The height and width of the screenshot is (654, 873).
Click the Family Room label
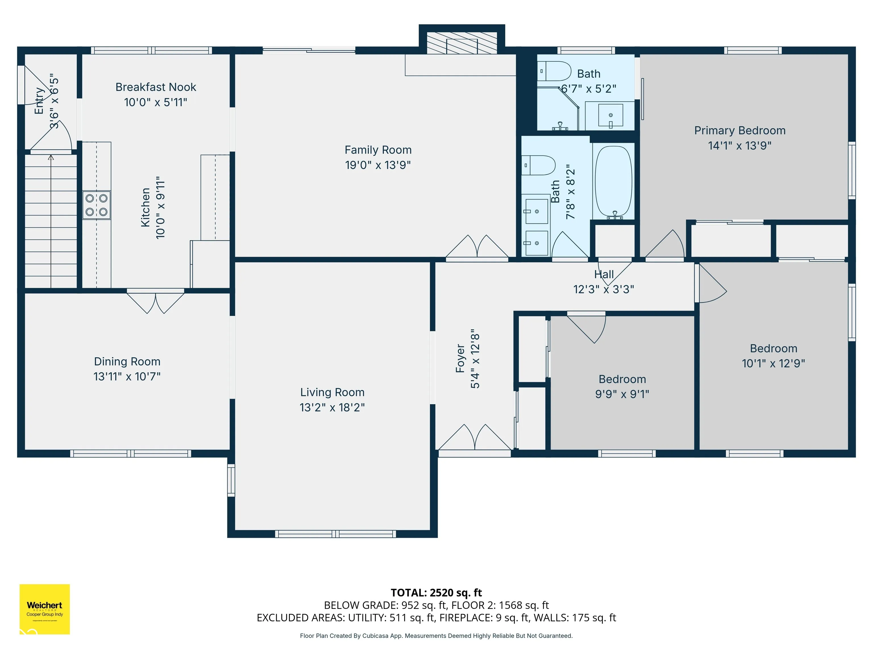pyautogui.click(x=378, y=150)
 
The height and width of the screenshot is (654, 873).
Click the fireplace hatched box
pyautogui.click(x=462, y=43)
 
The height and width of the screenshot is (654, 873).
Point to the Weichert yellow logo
pyautogui.click(x=45, y=609)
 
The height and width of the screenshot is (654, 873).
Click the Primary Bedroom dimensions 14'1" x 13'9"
pyautogui.click(x=740, y=145)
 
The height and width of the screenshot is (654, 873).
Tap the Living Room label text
pyautogui.click(x=332, y=392)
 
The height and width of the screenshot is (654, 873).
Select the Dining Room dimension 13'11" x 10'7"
pyautogui.click(x=127, y=376)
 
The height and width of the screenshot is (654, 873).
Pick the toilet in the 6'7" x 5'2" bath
pyautogui.click(x=554, y=71)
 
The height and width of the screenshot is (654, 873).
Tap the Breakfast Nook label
pyautogui.click(x=156, y=87)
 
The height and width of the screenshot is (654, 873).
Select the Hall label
pyautogui.click(x=604, y=274)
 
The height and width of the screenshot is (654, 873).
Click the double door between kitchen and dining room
pyautogui.click(x=155, y=301)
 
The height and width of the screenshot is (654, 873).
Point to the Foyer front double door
pyautogui.click(x=475, y=438)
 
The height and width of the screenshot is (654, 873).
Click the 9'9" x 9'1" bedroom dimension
pyautogui.click(x=622, y=394)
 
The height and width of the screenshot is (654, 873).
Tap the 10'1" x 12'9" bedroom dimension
pyautogui.click(x=774, y=363)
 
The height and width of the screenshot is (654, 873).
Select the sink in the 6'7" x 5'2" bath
pyautogui.click(x=610, y=116)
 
